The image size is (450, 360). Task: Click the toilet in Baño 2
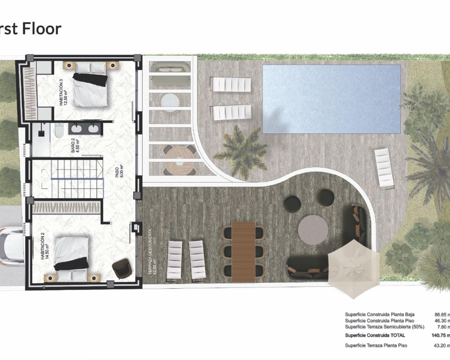click(x=59, y=131)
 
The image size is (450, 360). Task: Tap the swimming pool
click(x=332, y=99)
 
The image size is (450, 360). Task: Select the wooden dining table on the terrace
click(x=243, y=251)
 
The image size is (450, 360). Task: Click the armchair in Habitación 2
click(x=122, y=268)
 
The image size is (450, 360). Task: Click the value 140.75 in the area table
click(x=439, y=335)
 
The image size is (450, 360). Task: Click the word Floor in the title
click(x=41, y=28)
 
